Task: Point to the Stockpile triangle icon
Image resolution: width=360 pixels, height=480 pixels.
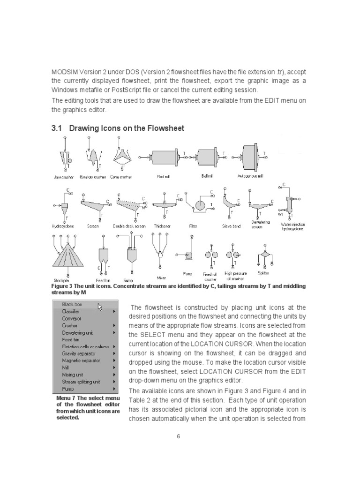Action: click(x=68, y=256)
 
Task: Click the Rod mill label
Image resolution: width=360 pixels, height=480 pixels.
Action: click(x=163, y=177)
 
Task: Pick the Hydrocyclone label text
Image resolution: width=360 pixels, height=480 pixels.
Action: click(x=63, y=226)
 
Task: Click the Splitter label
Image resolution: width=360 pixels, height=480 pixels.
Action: click(x=263, y=273)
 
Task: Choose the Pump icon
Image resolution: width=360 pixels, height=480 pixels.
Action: click(x=189, y=256)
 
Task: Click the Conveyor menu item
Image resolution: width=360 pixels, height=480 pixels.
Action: click(x=71, y=318)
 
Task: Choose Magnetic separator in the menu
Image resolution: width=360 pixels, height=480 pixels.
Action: click(x=79, y=360)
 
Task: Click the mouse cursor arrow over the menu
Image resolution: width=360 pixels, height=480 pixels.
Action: click(x=100, y=307)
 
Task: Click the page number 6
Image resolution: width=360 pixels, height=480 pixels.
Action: click(x=179, y=437)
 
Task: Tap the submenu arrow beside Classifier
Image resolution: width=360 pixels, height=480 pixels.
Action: click(x=114, y=311)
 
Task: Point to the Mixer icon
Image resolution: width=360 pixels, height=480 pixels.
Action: click(x=160, y=253)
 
